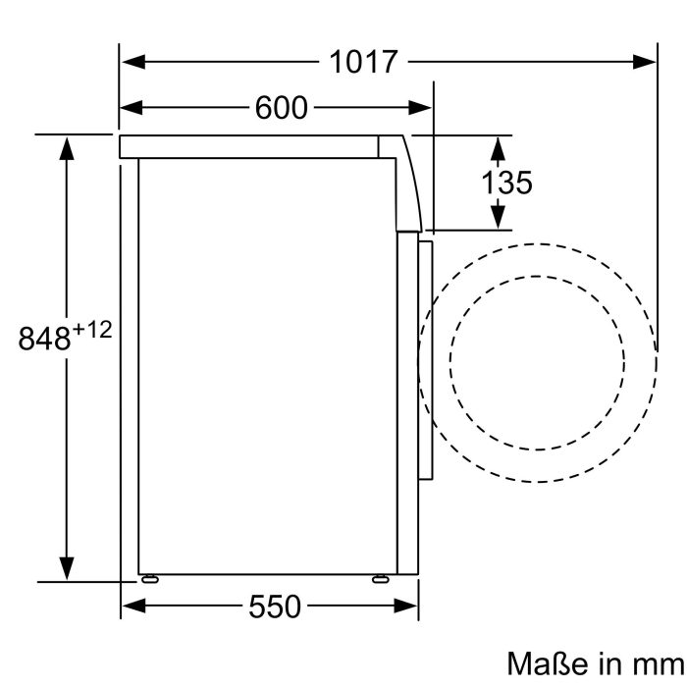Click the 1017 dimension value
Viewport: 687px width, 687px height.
363,62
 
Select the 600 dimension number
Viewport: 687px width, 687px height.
282,108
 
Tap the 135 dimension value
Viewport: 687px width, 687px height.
506,182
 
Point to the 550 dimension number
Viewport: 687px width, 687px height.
274,608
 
